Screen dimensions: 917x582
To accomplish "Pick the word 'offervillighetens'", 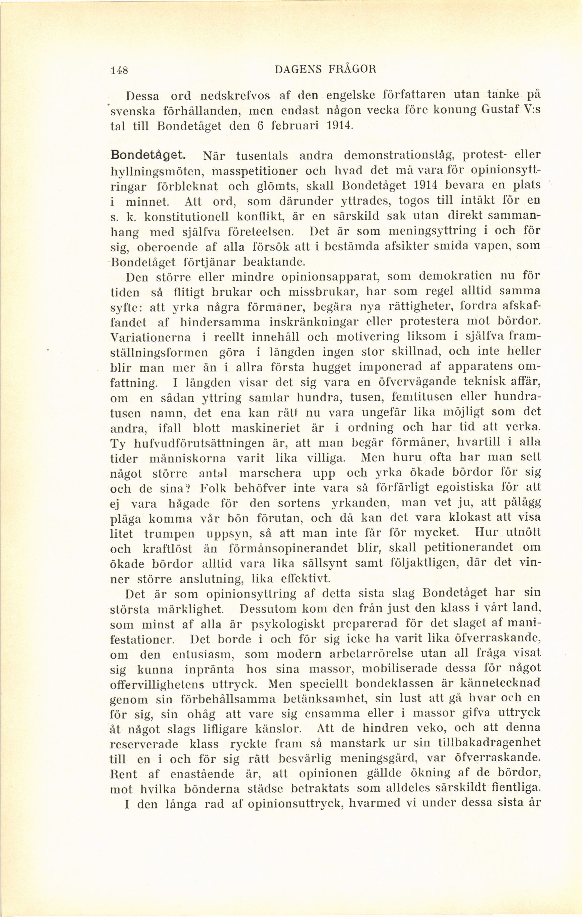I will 156,684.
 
